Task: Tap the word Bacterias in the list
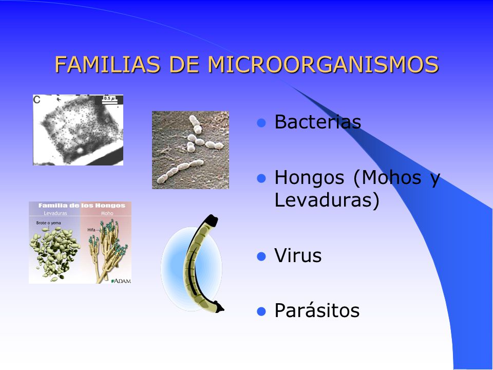click(x=317, y=122)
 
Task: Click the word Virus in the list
click(x=298, y=256)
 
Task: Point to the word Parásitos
click(x=317, y=311)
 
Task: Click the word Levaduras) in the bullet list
click(x=327, y=200)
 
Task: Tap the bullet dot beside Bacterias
click(x=261, y=123)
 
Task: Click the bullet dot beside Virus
click(x=261, y=256)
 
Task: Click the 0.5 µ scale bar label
click(x=109, y=98)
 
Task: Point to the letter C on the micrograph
click(x=37, y=100)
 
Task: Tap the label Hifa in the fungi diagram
click(x=91, y=230)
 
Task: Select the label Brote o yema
click(x=48, y=224)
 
